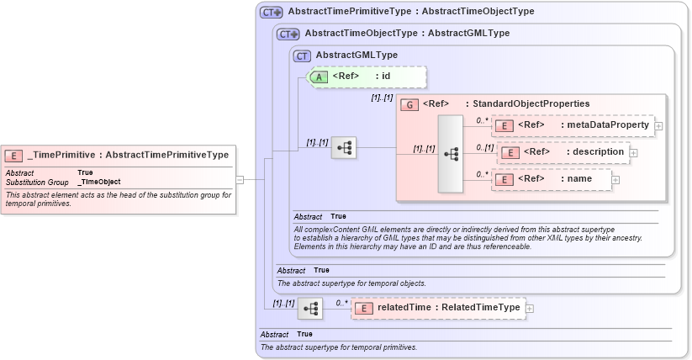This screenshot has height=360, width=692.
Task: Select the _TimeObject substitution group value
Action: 99,182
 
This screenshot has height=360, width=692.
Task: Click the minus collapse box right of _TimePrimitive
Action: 240,179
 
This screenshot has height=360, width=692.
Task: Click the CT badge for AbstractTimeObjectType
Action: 288,34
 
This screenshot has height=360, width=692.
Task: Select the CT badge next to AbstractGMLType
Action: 303,56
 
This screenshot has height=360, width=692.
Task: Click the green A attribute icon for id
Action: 320,77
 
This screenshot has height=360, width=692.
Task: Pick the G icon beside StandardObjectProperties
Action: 409,103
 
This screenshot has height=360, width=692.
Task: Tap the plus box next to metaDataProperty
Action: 658,126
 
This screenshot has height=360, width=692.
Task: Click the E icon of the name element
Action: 506,179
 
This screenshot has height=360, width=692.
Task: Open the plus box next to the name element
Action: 615,179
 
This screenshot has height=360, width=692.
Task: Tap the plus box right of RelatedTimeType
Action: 530,309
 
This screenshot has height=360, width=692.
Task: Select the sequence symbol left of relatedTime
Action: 310,309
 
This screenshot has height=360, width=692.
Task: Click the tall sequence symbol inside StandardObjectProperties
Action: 451,154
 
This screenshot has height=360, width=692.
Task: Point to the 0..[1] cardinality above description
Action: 484,147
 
